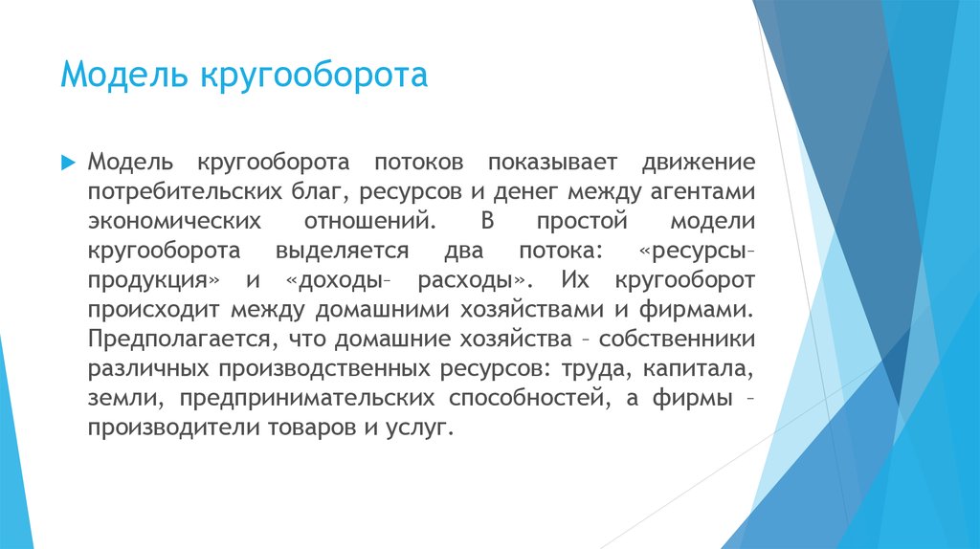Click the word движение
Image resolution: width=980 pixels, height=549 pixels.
coord(700,162)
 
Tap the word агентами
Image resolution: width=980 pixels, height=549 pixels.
coord(699,191)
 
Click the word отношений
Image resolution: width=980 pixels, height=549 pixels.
coord(363,221)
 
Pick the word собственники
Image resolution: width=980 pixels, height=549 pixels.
coord(680,340)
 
